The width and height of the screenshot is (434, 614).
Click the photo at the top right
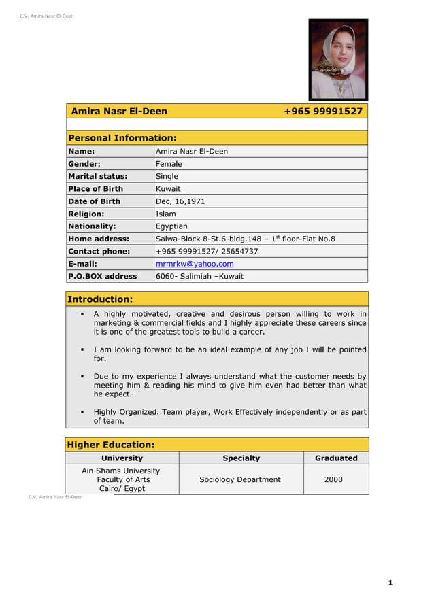point(338,60)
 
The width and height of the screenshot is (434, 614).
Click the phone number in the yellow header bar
point(322,112)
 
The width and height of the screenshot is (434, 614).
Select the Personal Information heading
point(122,138)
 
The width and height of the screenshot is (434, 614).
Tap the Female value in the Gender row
point(169,164)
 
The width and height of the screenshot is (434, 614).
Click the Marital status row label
point(97,176)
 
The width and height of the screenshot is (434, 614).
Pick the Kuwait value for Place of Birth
point(168,189)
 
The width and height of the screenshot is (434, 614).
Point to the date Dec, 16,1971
point(180,201)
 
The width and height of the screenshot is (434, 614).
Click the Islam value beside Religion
point(165,214)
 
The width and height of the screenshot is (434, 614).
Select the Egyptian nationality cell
point(171,226)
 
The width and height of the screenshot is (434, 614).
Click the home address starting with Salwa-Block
point(245,239)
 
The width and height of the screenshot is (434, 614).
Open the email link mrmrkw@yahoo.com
point(195,264)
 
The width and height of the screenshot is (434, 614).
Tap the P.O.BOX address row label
point(102,276)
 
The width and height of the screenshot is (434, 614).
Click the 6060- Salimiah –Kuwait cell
point(199,276)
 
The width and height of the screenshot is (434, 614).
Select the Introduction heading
point(99,299)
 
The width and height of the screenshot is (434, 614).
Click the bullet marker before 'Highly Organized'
point(82,412)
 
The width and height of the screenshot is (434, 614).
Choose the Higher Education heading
point(110,445)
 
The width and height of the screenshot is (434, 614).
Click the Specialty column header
point(241,458)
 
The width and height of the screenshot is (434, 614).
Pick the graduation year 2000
point(333,479)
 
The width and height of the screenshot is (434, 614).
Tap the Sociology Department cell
point(239,479)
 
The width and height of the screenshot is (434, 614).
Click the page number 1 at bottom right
point(390,583)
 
